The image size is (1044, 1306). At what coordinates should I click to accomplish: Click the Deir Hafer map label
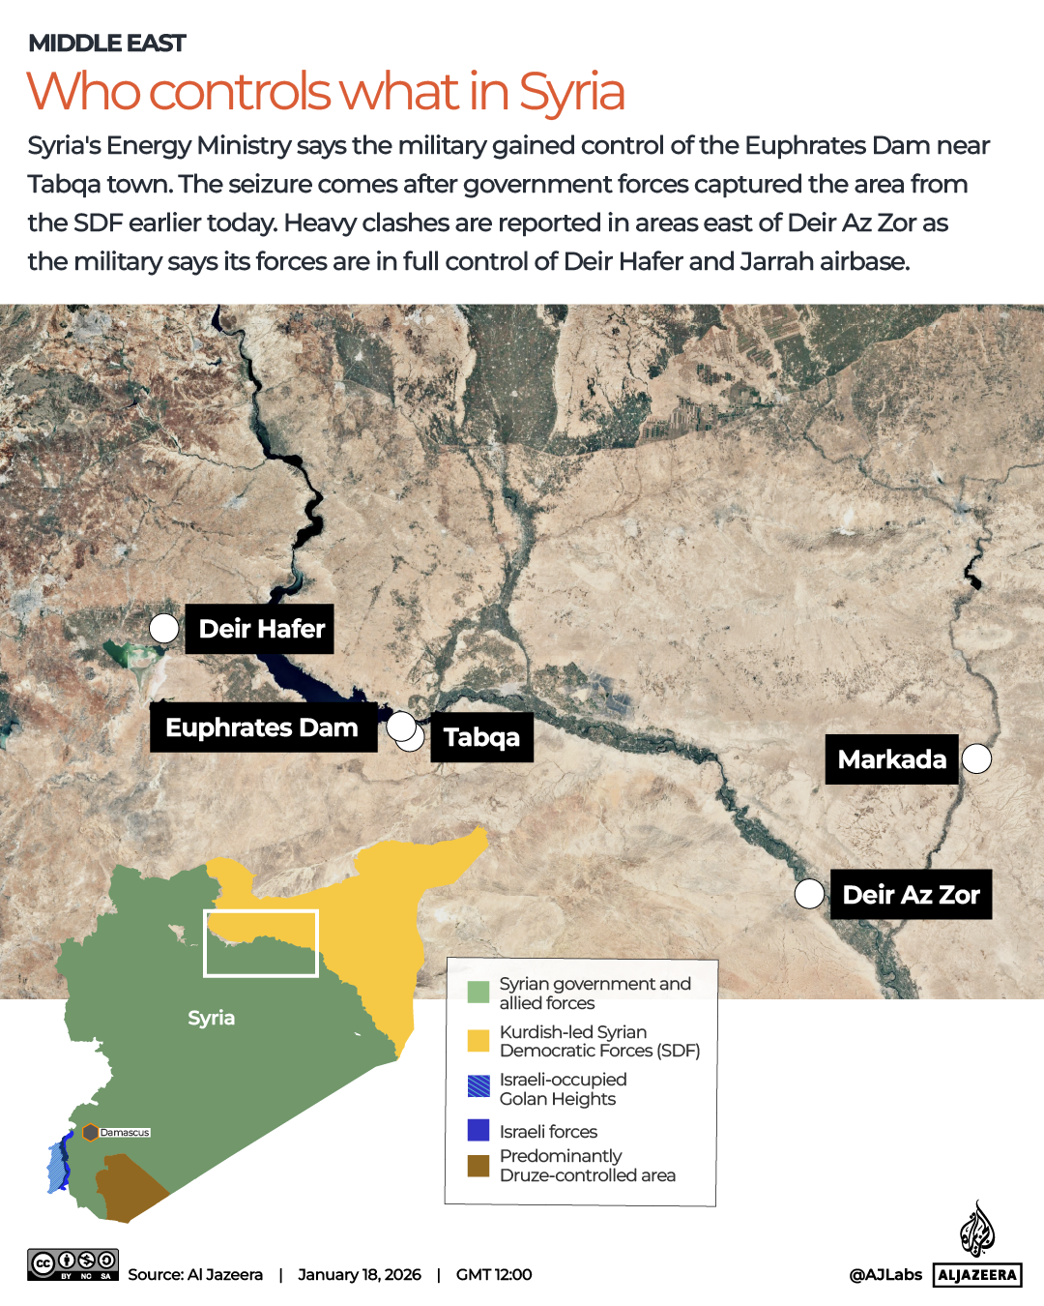[260, 629]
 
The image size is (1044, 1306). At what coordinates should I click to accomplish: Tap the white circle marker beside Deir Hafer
[164, 629]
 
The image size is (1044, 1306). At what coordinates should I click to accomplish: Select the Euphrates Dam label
[263, 727]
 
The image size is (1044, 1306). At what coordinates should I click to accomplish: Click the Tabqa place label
[481, 737]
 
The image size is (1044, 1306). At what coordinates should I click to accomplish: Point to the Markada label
[891, 759]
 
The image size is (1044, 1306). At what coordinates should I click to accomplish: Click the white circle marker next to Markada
[976, 759]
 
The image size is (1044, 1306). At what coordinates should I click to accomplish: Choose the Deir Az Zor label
[911, 895]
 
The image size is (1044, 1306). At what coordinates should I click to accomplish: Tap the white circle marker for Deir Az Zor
[809, 894]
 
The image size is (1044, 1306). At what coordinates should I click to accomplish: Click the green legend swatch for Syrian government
[478, 993]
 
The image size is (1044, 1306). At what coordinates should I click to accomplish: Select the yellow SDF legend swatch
[478, 1041]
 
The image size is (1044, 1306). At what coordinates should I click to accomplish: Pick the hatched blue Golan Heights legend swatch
[478, 1086]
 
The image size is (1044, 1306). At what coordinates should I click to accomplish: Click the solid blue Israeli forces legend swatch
[478, 1130]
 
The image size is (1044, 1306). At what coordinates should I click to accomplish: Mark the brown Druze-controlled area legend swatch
[478, 1166]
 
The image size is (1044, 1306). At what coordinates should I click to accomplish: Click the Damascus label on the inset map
[125, 1132]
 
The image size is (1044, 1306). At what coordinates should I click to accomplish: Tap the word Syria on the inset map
[211, 1018]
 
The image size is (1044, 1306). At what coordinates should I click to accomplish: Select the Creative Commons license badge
[72, 1264]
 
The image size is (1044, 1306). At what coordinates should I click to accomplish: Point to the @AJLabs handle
[885, 1275]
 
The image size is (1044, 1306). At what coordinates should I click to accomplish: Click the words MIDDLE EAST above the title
[107, 44]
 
